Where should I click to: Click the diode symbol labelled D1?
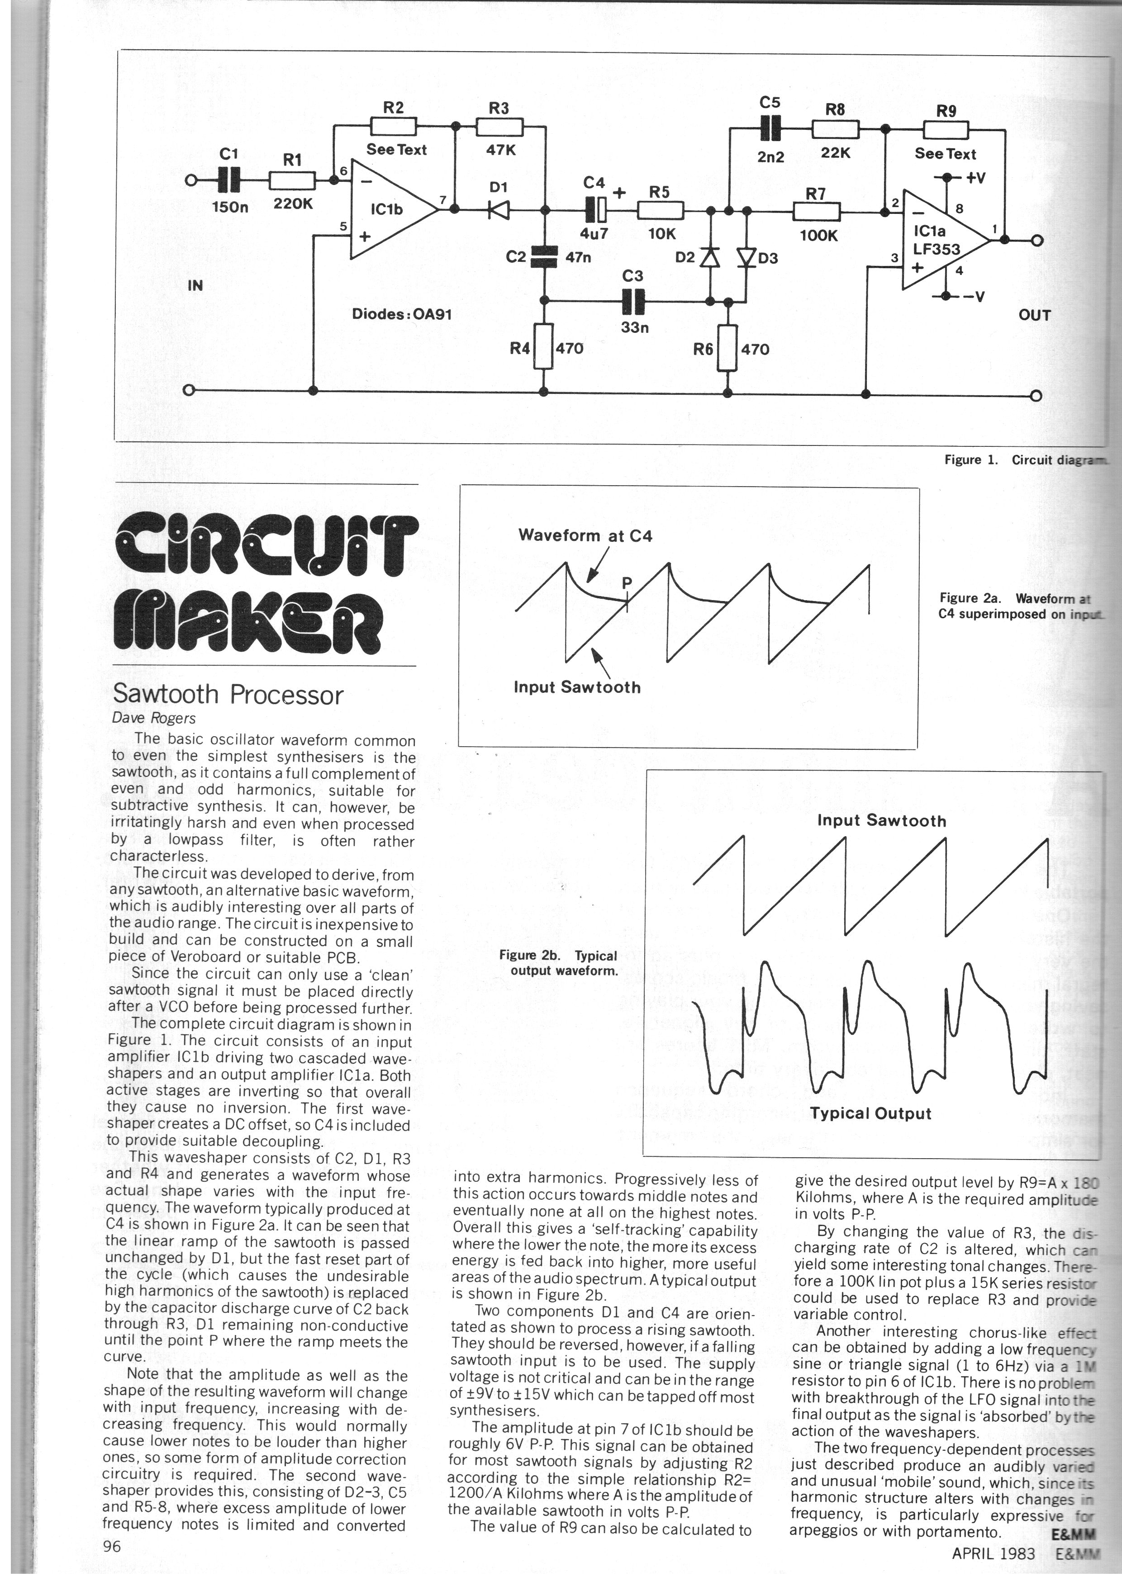point(498,208)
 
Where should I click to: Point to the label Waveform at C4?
point(585,535)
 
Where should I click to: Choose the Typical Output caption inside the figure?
point(870,1113)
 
